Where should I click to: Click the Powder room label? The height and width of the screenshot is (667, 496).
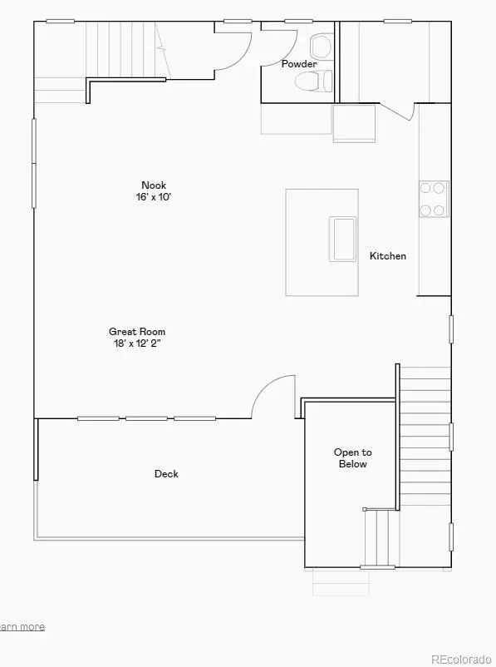coord(299,64)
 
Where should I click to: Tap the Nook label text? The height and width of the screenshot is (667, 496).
coord(154,185)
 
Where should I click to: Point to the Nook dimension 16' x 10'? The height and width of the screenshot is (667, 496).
coord(154,197)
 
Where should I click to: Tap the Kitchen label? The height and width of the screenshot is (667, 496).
coord(388,256)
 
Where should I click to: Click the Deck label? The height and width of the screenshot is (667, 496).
coord(166,474)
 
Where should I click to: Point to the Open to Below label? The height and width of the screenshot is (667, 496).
coord(353,458)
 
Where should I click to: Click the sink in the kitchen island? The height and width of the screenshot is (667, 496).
coord(342,239)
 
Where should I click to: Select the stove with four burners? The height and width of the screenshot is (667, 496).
coord(433,200)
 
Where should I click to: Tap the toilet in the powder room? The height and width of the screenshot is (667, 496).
coord(319,81)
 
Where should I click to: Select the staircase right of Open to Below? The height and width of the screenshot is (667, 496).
coord(425,437)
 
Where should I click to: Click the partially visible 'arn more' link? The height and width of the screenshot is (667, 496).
coord(22,627)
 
